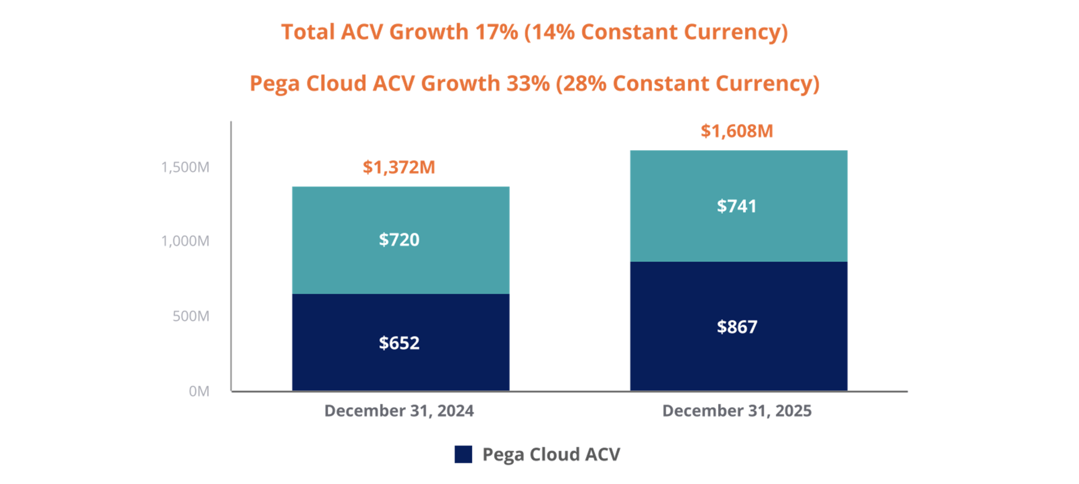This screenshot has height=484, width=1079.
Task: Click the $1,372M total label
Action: coord(399,167)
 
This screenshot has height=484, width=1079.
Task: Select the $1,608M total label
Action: coord(737,131)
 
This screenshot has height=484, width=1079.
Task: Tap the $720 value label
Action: coord(399,240)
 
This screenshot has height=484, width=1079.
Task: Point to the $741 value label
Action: coord(737,206)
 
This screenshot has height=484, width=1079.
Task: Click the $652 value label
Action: coord(399,343)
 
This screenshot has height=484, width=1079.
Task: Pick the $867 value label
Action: coord(737,327)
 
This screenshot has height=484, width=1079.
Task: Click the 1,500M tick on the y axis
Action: coord(185,167)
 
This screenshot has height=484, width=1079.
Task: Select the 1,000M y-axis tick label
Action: coord(185,241)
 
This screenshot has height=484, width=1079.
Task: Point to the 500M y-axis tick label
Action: coord(191,316)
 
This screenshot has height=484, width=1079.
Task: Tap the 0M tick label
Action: coord(199,391)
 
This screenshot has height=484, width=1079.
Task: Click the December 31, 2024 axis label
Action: coord(399,411)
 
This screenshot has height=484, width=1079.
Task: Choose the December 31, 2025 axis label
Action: coord(737,411)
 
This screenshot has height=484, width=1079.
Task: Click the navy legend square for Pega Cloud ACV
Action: coord(463,454)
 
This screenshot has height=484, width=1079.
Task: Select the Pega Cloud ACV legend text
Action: coord(551,454)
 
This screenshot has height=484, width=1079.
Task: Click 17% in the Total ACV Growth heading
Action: coord(496,32)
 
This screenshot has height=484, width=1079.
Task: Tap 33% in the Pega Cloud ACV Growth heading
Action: coord(528,84)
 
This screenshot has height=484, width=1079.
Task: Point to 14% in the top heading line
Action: coord(553,32)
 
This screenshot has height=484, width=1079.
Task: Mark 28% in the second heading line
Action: coord(584,84)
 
